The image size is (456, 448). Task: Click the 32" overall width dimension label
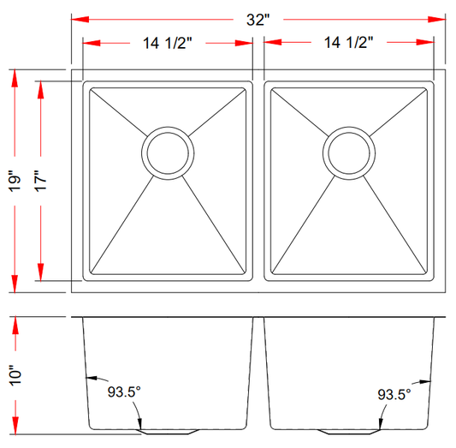257,20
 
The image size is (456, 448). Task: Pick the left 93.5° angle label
124,393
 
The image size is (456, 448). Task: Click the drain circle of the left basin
167,152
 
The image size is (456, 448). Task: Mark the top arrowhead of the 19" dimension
15,78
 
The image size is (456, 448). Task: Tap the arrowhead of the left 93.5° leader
89,378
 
